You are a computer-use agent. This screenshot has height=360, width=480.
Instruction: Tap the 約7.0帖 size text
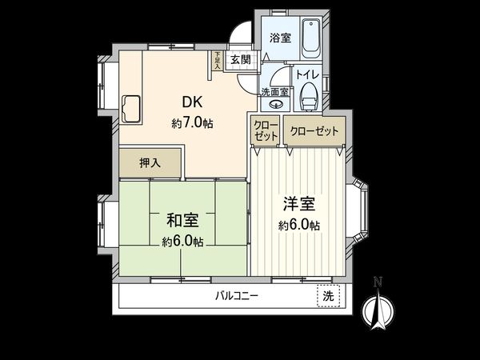192,123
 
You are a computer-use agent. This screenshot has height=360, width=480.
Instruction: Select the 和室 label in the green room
182,219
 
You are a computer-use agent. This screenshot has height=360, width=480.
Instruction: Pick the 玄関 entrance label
240,59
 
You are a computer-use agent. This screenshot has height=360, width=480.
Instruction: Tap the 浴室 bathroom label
280,38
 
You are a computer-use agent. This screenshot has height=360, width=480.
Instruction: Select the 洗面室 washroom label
274,92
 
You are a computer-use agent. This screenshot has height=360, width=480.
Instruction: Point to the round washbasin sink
274,105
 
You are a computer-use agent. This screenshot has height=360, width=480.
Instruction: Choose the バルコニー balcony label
236,296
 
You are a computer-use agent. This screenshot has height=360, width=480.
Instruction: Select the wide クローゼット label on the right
314,130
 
